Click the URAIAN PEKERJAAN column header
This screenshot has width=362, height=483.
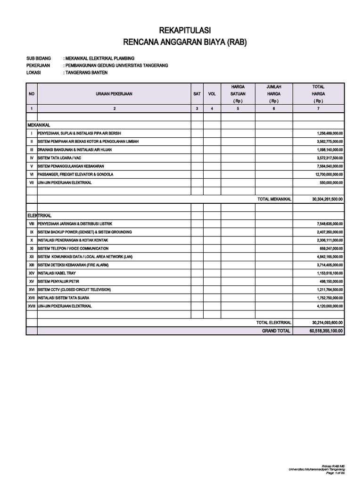click(x=114, y=94)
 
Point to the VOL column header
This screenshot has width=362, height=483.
click(x=212, y=94)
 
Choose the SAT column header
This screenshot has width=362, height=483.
click(x=197, y=94)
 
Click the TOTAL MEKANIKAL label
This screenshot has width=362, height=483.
click(x=274, y=199)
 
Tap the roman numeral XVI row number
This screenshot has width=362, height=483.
click(x=32, y=290)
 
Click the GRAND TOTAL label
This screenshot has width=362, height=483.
click(x=276, y=331)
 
